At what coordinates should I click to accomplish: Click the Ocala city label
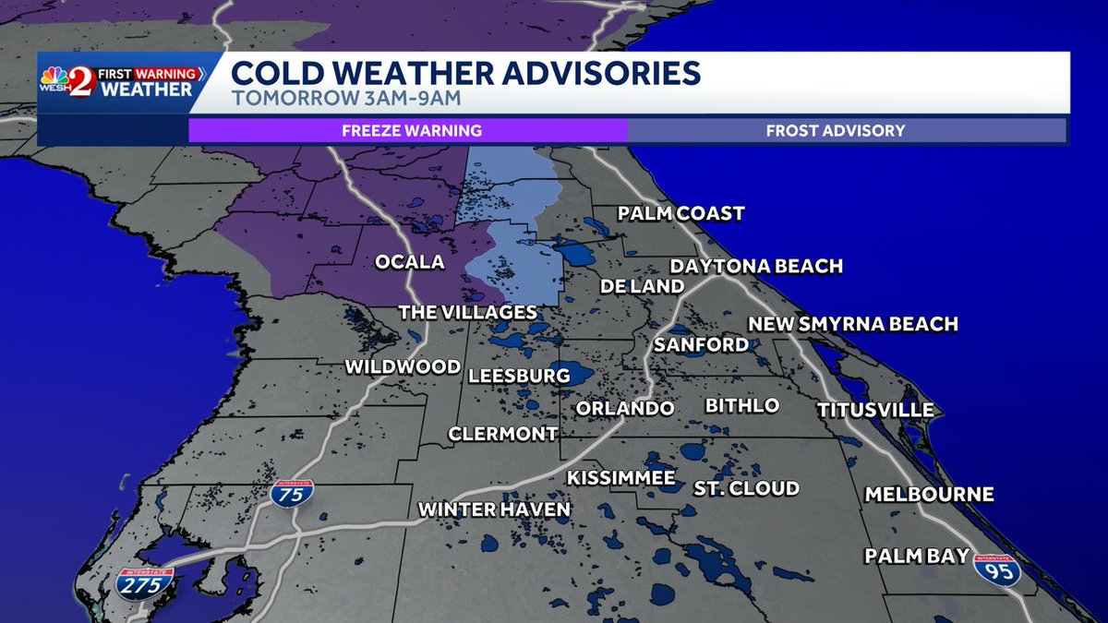(409, 262)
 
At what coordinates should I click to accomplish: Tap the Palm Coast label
(680, 214)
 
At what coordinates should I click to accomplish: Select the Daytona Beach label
(756, 266)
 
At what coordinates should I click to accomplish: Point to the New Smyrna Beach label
(852, 324)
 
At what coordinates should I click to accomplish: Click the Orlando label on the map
(625, 408)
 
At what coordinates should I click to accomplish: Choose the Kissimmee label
(620, 478)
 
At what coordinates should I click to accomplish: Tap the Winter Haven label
(494, 509)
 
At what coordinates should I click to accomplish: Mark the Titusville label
(874, 410)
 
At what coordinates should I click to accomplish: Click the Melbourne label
(929, 495)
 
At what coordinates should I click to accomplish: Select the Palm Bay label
(916, 556)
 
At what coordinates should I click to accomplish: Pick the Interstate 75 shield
(292, 493)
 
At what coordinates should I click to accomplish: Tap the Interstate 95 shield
(996, 569)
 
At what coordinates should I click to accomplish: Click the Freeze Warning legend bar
(411, 130)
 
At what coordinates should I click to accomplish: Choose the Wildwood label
(403, 367)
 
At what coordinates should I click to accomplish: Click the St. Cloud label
(746, 488)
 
